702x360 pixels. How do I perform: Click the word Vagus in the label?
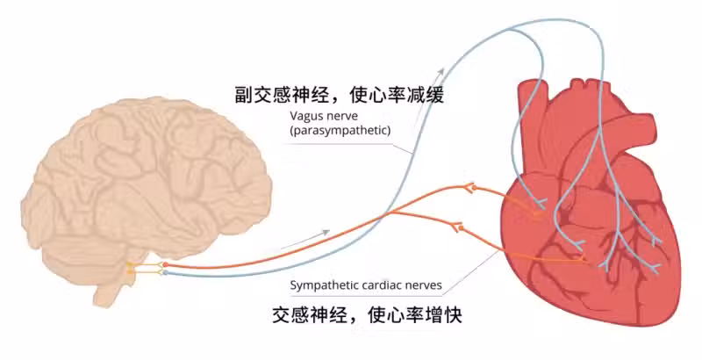[306, 116]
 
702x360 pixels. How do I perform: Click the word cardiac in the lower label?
[388, 284]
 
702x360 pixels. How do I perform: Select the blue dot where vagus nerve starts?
[164, 272]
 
